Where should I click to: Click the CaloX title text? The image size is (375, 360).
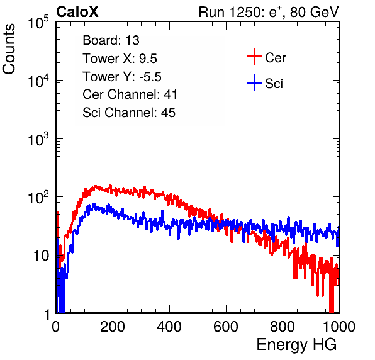pyautogui.click(x=77, y=12)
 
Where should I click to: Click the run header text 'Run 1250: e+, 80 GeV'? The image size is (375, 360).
pyautogui.click(x=269, y=12)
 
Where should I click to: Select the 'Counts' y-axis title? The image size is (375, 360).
pyautogui.click(x=9, y=49)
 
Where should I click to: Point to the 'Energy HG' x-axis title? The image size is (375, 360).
pyautogui.click(x=296, y=345)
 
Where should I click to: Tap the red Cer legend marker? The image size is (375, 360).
pyautogui.click(x=254, y=57)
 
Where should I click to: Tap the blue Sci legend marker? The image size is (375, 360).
pyautogui.click(x=254, y=82)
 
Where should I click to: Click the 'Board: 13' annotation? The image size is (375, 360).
pyautogui.click(x=111, y=40)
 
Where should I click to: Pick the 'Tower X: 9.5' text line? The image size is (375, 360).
pyautogui.click(x=120, y=59)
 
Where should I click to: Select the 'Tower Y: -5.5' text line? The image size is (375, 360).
pyautogui.click(x=122, y=77)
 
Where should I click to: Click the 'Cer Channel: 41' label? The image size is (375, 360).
pyautogui.click(x=130, y=94)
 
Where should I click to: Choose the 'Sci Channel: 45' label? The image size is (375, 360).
pyautogui.click(x=129, y=113)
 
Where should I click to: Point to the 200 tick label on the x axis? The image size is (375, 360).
pyautogui.click(x=113, y=327)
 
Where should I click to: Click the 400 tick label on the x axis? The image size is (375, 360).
pyautogui.click(x=169, y=327)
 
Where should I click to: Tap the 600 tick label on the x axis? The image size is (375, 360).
pyautogui.click(x=226, y=327)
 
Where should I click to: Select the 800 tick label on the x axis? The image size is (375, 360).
pyautogui.click(x=283, y=327)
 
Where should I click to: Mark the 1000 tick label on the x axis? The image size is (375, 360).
pyautogui.click(x=339, y=327)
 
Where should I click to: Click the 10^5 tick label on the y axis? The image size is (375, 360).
pyautogui.click(x=38, y=22)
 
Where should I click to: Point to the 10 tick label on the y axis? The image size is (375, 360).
pyautogui.click(x=41, y=256)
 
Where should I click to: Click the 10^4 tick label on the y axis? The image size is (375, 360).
pyautogui.click(x=38, y=81)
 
